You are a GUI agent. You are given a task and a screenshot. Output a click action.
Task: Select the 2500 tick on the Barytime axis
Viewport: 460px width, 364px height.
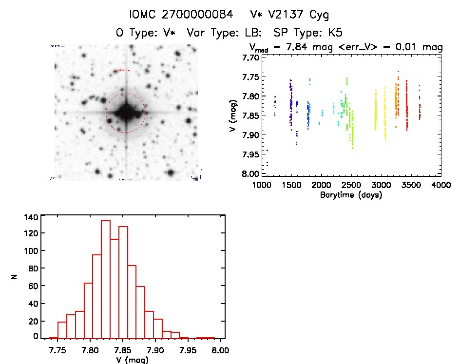[x=351, y=186]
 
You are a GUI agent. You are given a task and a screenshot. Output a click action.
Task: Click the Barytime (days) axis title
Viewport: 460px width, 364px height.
[x=351, y=195]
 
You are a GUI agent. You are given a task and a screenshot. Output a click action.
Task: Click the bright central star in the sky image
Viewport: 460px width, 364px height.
[x=126, y=113]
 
